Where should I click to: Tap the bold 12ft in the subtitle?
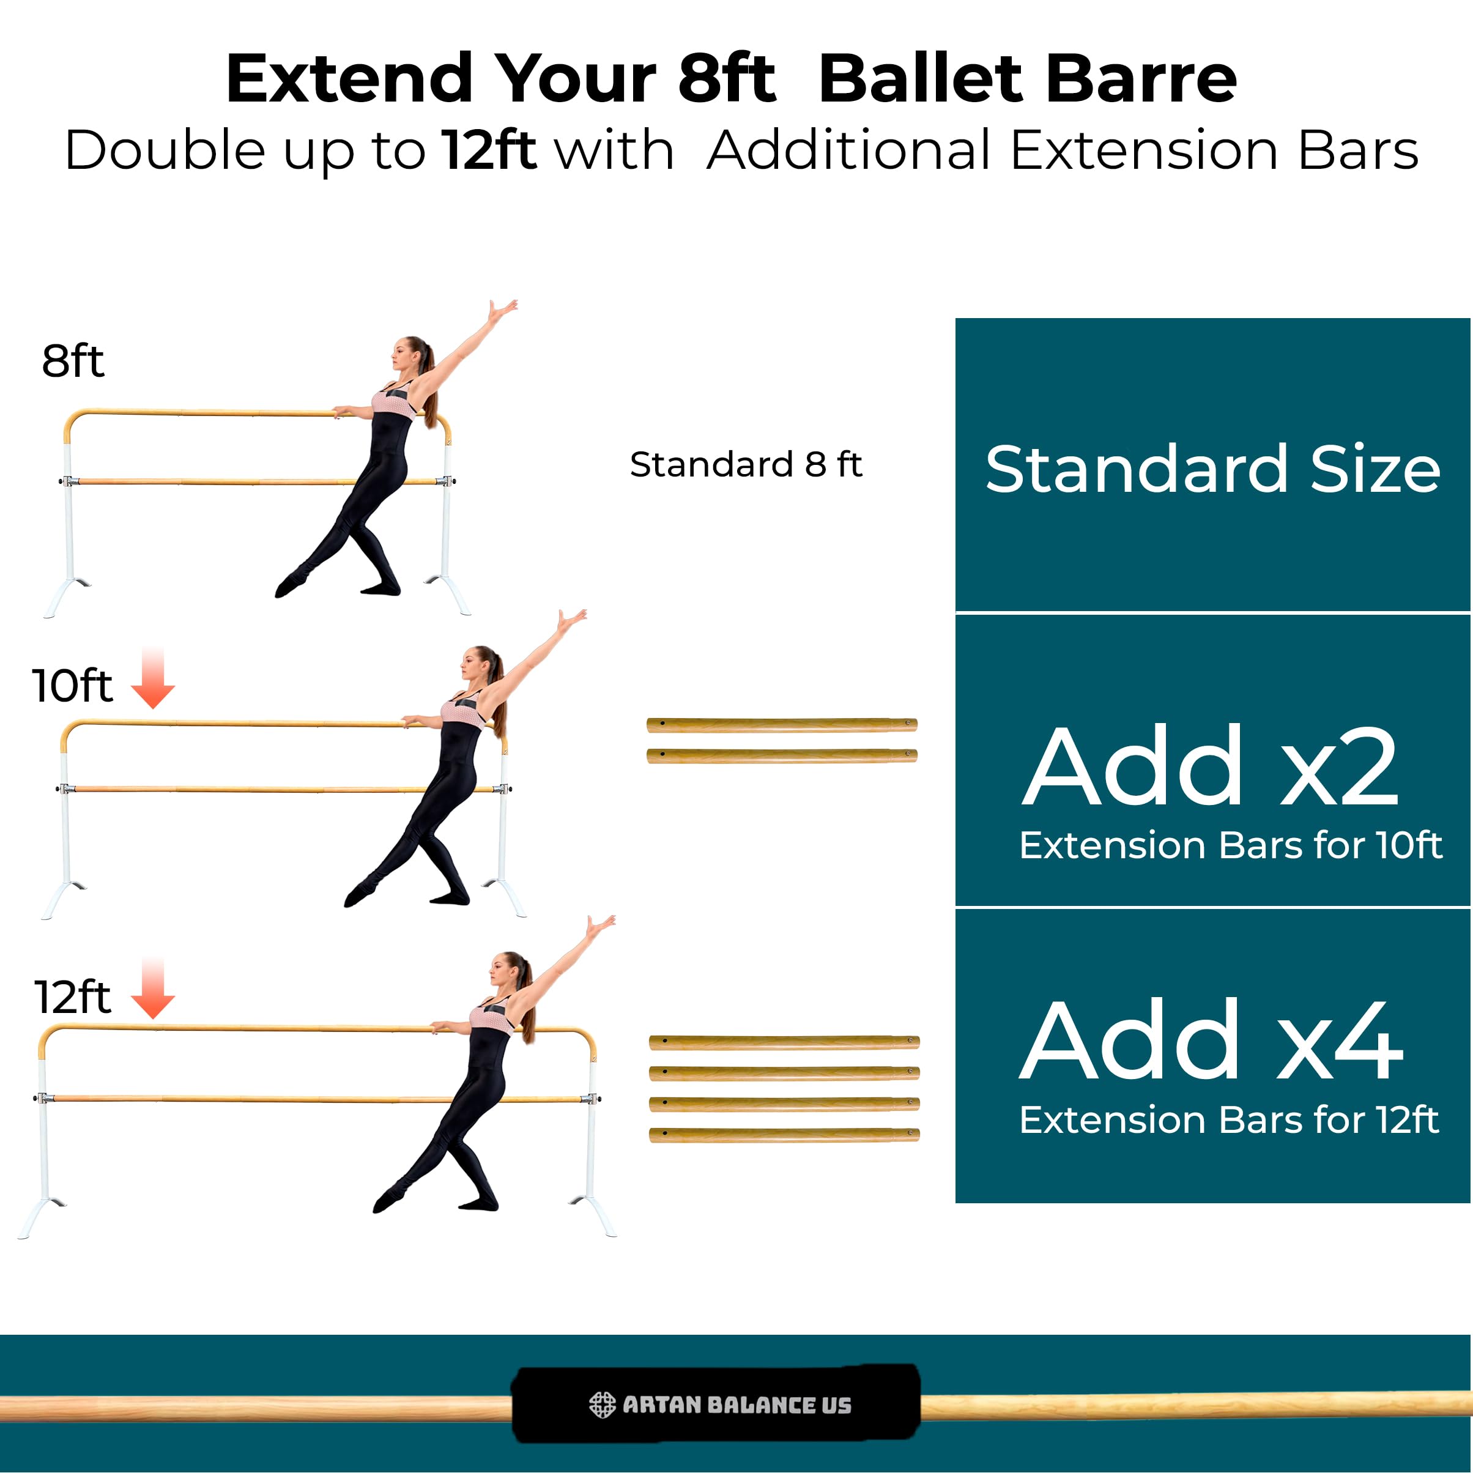(489, 150)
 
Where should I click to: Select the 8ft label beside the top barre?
(72, 361)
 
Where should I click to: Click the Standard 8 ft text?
(746, 464)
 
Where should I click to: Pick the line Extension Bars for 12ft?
(1229, 1120)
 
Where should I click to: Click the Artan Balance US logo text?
(736, 1404)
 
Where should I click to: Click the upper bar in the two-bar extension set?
(782, 724)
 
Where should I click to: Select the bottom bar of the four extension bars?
(784, 1135)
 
